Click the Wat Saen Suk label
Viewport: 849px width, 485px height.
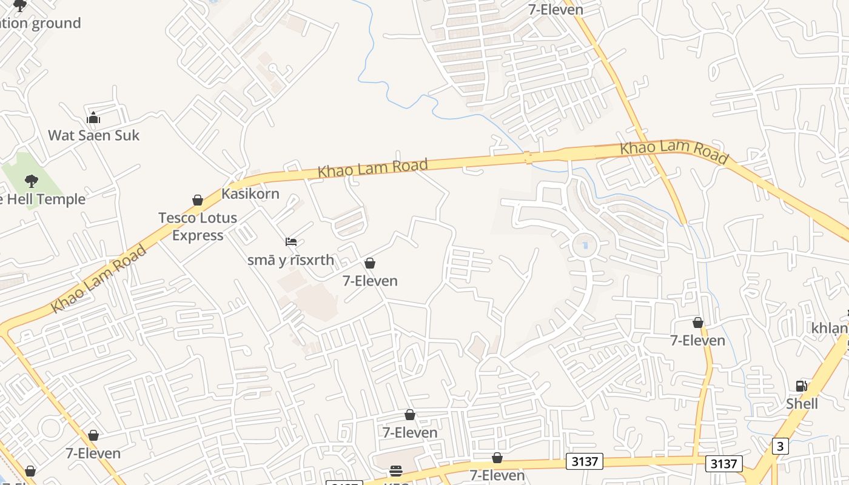tap(93, 135)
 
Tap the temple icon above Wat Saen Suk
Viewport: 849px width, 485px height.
tap(93, 118)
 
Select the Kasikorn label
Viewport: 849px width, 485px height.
tap(250, 194)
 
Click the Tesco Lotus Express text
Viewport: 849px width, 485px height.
tap(198, 226)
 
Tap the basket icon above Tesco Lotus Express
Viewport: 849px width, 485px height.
tap(198, 200)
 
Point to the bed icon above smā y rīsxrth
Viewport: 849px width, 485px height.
tap(291, 242)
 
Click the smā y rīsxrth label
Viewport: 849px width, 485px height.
tap(290, 260)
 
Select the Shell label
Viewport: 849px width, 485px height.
tap(802, 404)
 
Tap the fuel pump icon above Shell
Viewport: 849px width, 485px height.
tap(801, 386)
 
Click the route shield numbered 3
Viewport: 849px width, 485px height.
tap(780, 447)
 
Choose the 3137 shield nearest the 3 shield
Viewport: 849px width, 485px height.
tap(724, 464)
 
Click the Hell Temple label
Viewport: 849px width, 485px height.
tap(42, 199)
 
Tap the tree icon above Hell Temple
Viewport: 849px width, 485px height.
tap(31, 181)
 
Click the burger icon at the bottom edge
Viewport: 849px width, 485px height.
tap(396, 471)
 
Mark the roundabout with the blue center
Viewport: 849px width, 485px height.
tap(585, 246)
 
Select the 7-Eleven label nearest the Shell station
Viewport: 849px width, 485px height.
tap(697, 341)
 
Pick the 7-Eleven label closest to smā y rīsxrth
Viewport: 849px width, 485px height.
tap(370, 281)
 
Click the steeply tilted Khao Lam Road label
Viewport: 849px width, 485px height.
tap(99, 278)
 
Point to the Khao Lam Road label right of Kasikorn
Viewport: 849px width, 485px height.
tap(372, 168)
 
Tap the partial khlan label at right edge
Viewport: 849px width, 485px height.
tap(830, 328)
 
